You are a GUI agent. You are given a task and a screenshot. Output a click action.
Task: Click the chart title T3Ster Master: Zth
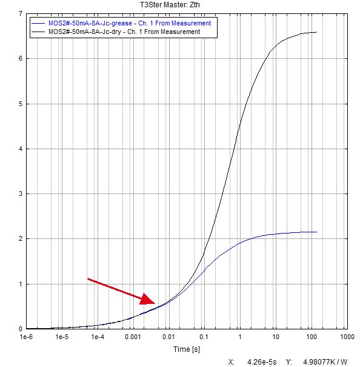point(170,5)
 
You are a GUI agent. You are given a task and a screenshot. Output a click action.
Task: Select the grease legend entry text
point(130,23)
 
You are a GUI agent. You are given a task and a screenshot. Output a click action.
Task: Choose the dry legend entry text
point(124,32)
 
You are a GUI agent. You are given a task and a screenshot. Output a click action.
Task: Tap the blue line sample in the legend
point(38,23)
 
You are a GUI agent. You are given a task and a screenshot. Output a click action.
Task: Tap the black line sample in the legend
point(38,32)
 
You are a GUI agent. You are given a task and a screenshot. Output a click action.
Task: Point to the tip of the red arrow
point(155,303)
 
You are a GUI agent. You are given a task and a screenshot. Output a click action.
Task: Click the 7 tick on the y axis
point(21,13)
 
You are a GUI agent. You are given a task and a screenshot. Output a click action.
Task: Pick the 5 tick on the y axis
point(21,104)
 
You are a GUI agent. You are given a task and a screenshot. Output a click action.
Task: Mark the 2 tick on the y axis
point(21,239)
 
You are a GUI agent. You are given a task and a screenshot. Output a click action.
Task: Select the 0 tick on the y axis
point(21,329)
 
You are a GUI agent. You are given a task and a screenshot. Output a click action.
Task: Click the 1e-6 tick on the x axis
point(26,337)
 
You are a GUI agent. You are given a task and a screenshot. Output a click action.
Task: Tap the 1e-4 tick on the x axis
point(98,337)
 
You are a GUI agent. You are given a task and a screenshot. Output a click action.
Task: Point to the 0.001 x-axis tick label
point(133,337)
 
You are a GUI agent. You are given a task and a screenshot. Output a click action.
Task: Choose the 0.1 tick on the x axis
point(204,337)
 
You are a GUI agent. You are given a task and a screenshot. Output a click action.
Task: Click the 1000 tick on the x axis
point(347,337)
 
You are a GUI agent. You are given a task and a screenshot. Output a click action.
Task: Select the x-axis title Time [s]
point(187,349)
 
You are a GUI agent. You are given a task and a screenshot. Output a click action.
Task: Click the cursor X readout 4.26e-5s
point(262,362)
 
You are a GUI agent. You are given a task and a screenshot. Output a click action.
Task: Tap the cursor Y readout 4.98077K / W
point(325,362)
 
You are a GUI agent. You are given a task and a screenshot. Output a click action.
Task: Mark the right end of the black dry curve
point(317,32)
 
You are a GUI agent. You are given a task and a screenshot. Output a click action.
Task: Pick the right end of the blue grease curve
point(317,232)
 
